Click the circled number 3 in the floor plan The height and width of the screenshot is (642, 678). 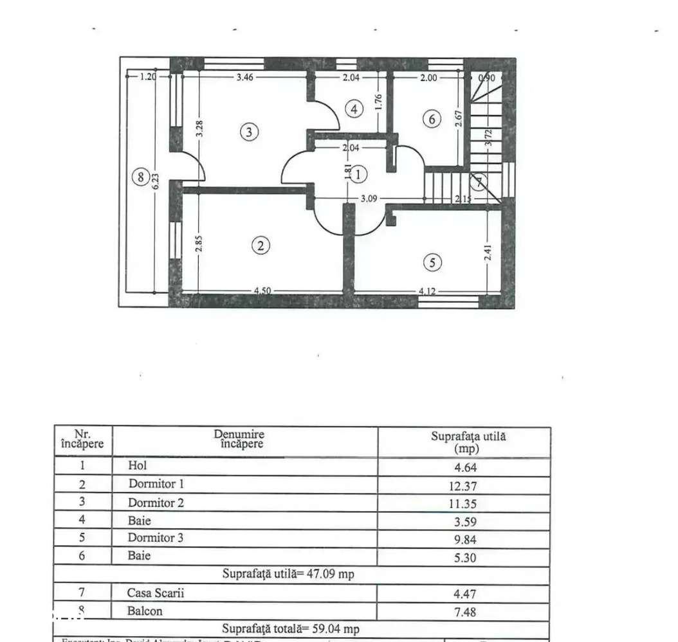point(250,132)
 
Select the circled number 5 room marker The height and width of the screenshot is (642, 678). point(432,262)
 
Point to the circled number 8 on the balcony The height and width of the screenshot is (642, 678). point(140,177)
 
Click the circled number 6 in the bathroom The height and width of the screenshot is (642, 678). point(432,119)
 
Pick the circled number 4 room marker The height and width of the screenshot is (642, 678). point(353,109)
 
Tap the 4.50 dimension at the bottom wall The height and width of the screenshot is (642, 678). point(261,291)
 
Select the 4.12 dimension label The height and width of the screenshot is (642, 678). point(428,291)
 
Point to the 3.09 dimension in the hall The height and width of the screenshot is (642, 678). point(369,199)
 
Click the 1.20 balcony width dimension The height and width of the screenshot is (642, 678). point(149,76)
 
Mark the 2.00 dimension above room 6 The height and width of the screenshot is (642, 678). point(428,77)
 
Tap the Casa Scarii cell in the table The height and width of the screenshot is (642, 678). point(156,593)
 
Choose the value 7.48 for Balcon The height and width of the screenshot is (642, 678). point(464,612)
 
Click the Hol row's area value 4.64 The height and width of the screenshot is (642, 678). point(464,468)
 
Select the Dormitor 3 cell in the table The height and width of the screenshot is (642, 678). point(155,538)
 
